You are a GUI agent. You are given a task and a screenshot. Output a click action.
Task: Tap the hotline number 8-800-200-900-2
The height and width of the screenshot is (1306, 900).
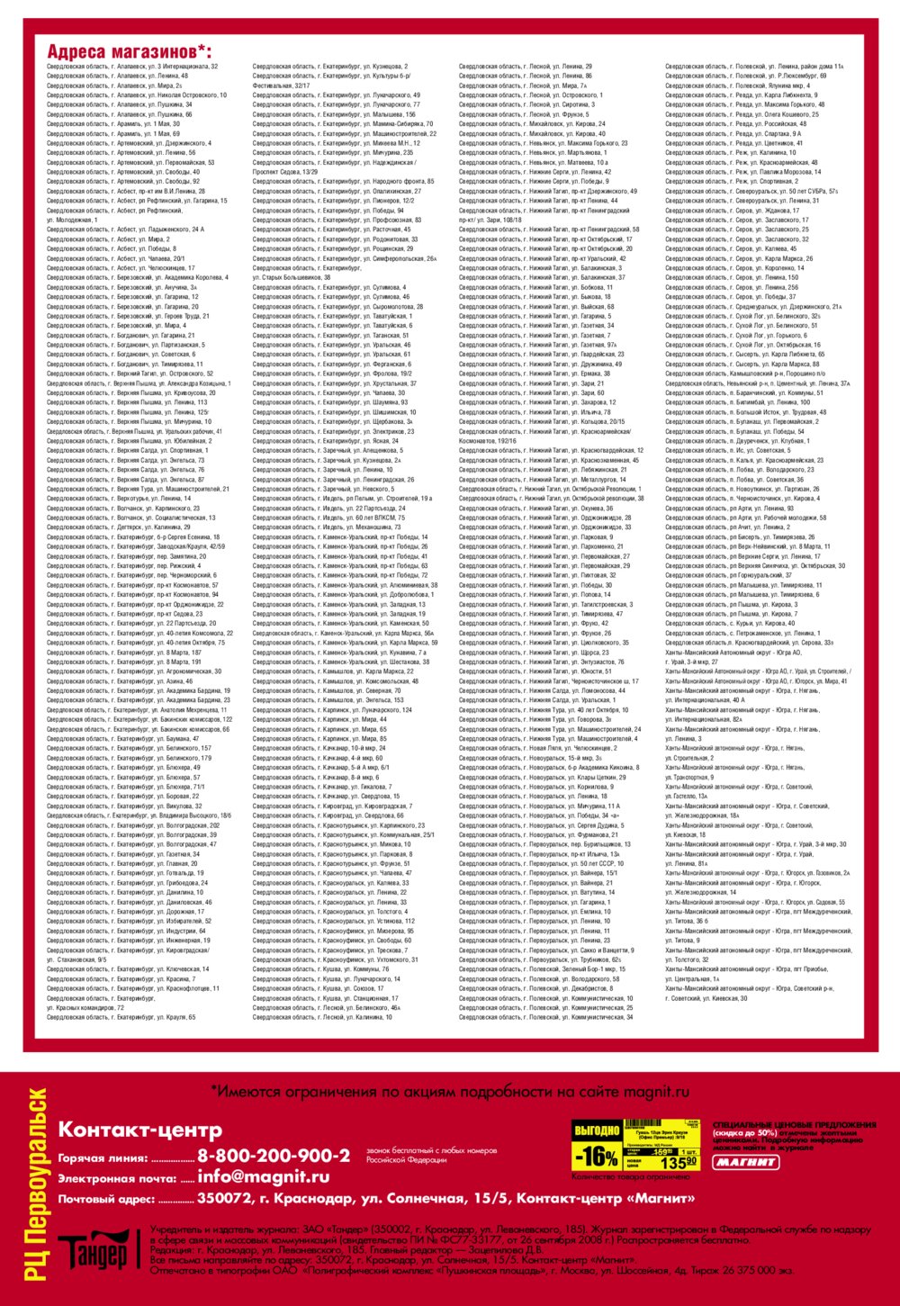pos(274,1156)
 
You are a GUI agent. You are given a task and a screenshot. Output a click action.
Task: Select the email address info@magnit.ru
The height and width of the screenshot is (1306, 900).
pos(264,1176)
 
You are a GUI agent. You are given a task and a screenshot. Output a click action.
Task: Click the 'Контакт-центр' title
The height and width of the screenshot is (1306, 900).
pos(139,1130)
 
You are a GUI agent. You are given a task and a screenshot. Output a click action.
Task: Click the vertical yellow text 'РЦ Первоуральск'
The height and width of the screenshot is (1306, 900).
pos(36,1184)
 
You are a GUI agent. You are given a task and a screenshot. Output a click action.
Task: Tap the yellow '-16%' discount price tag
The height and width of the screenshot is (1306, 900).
pos(596,1156)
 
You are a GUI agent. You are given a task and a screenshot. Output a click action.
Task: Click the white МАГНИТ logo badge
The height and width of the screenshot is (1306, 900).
pos(746,1162)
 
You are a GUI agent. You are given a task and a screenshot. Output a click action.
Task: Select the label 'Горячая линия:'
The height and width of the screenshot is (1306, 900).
pos(103,1158)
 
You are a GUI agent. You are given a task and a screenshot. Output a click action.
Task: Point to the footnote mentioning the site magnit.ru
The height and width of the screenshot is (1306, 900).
pos(450,1092)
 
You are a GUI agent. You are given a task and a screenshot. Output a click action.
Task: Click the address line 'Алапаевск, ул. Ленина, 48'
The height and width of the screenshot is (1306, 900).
pos(118,76)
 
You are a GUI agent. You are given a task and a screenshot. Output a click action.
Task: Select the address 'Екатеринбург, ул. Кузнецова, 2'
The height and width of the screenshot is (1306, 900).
pos(329,67)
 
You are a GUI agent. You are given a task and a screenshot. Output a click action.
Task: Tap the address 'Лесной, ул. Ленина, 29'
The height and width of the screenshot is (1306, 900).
pos(526,67)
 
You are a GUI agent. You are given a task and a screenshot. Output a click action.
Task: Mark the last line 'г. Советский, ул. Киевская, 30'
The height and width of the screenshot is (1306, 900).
pos(706,998)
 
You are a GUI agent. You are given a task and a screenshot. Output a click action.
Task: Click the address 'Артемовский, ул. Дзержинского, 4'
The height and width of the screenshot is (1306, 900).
pos(130,143)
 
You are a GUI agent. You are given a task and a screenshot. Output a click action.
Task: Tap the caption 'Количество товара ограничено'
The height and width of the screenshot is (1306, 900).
pos(631,1176)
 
